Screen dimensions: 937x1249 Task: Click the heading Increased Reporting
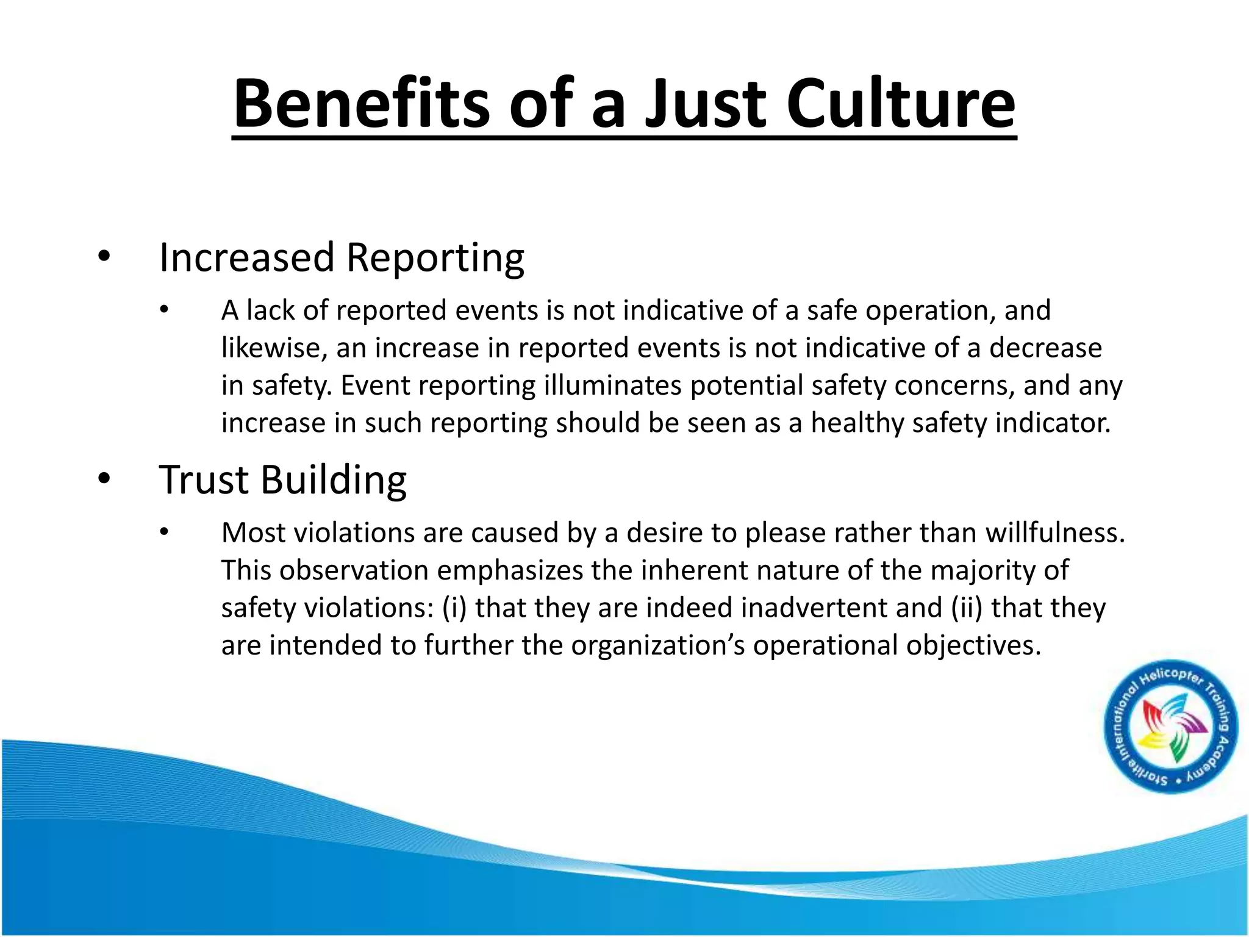click(x=342, y=258)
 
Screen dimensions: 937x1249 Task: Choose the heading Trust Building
click(x=282, y=480)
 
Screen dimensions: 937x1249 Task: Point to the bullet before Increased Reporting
click(x=104, y=257)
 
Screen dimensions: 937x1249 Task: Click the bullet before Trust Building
click(x=104, y=479)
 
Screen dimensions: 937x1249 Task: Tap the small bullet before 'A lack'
click(x=163, y=311)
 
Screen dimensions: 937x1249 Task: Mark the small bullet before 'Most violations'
click(x=163, y=533)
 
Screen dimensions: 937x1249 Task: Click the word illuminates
click(x=613, y=386)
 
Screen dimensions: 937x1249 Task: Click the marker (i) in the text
click(x=454, y=608)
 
